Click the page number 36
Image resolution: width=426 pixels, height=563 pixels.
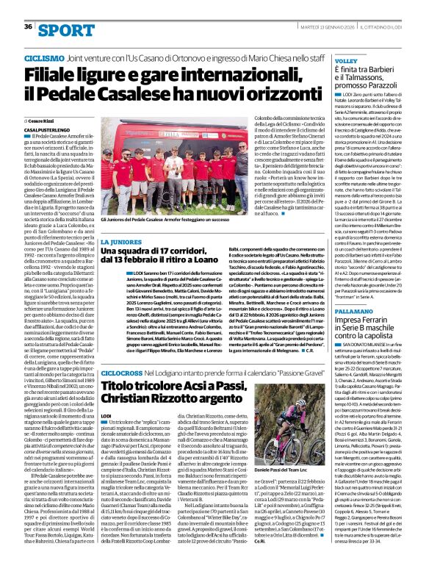28,26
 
